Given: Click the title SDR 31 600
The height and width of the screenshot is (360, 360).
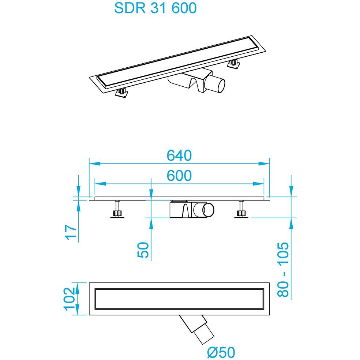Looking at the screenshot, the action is pos(155,8).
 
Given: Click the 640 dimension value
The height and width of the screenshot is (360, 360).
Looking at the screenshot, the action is pos(179,155).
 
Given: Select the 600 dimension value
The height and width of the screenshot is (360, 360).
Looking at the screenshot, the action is pos(179,176).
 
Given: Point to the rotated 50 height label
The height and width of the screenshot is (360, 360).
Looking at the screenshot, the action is pos(143,250).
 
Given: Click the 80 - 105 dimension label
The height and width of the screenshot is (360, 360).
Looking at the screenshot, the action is pos(283,270).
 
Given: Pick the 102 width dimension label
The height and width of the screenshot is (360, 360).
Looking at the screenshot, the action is pos(70,299).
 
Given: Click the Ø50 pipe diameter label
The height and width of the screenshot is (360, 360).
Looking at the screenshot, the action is pos(221,352).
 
